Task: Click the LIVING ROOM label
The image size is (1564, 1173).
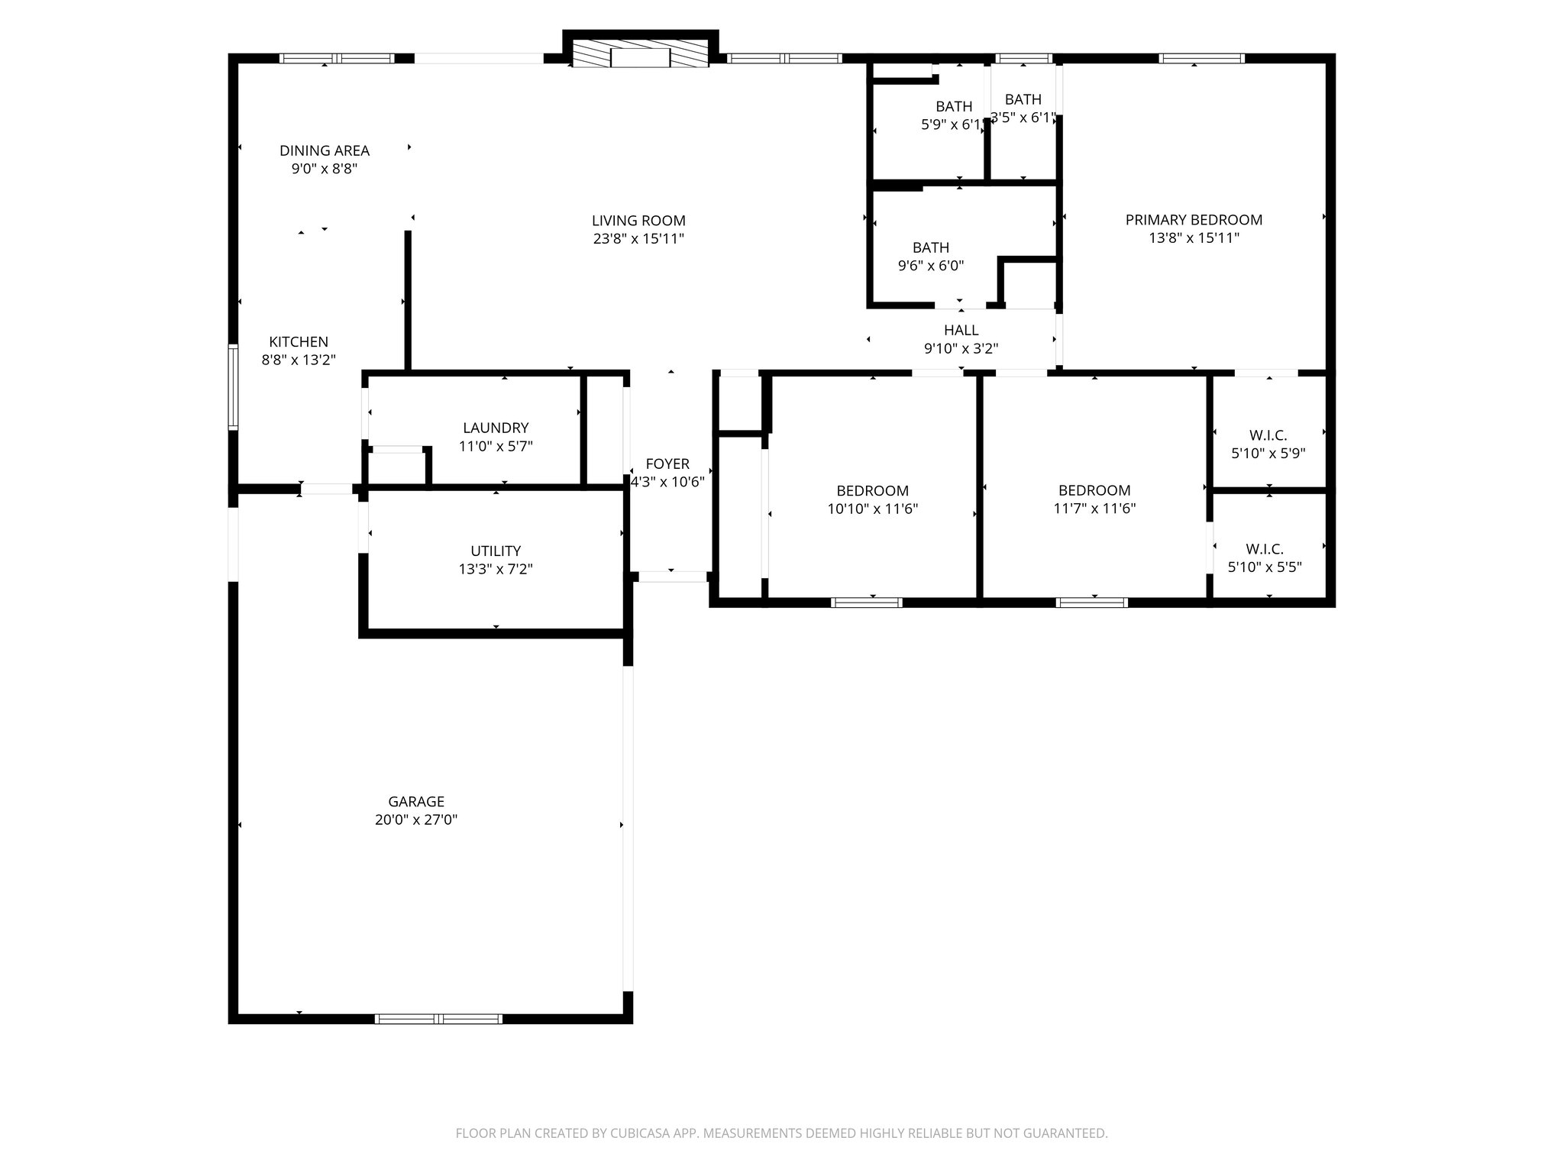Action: pos(638,221)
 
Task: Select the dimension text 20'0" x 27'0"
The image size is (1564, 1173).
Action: pos(416,819)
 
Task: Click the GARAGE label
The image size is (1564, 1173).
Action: pos(416,801)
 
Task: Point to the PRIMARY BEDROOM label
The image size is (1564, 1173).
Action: pos(1194,220)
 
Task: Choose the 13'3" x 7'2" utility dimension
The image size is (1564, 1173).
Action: pos(496,569)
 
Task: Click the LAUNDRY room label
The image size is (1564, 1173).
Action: pos(496,428)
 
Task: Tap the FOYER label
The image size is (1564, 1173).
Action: pos(667,464)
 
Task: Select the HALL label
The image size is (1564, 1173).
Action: pos(961,330)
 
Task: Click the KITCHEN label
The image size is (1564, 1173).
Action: pos(299,341)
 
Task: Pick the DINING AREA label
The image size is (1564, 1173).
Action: pos(325,150)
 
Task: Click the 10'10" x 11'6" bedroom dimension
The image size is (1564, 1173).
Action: pos(872,509)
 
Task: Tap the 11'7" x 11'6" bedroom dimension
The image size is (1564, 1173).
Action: pos(1094,509)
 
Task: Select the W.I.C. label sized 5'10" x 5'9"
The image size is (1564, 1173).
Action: pos(1268,435)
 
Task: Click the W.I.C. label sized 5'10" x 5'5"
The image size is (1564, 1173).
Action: pos(1265,549)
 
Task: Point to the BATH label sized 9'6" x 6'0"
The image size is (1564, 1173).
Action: pos(931,247)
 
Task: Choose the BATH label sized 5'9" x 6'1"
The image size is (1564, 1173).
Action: pos(954,106)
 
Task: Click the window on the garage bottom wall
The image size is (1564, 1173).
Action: pos(438,1018)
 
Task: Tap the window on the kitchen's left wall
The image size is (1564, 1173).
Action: pos(233,387)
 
